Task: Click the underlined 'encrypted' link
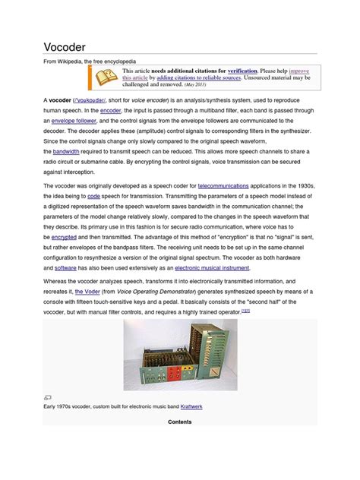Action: point(64,237)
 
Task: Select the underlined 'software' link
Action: point(65,268)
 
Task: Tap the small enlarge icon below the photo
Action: point(47,396)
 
